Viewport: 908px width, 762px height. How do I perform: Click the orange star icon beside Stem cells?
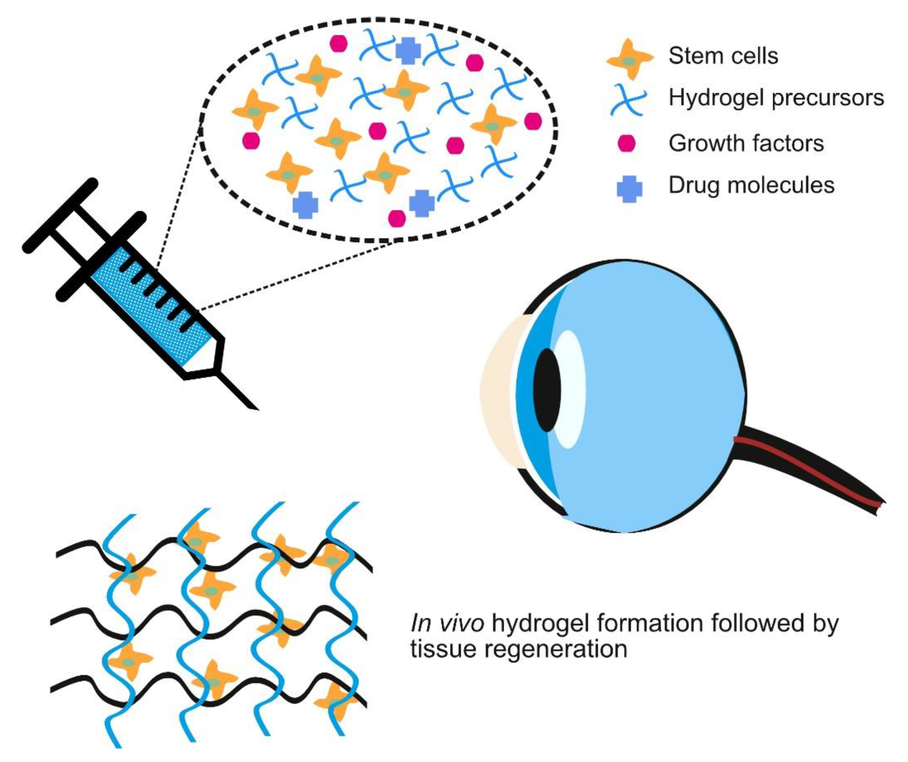(630, 60)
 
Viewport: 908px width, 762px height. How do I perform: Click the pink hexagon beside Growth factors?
(627, 143)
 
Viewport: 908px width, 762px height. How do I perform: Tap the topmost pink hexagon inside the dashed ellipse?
(339, 43)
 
